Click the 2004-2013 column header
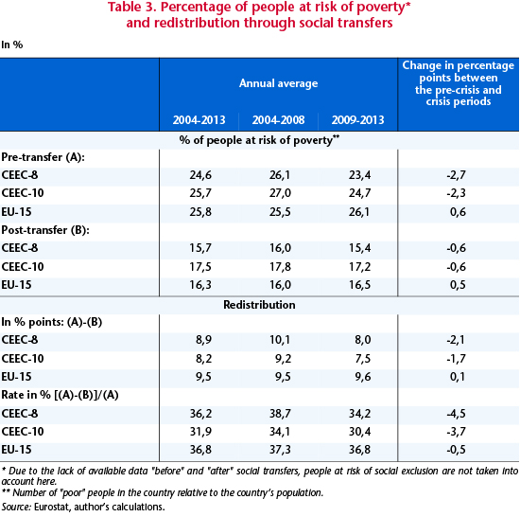199,120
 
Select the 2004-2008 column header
278,120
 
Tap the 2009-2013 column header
357,120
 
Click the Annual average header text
278,83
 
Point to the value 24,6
200,175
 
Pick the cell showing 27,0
280,193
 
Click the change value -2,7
457,175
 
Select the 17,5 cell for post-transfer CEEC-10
200,267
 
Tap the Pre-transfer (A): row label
43,157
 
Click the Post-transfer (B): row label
45,230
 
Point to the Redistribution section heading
259,305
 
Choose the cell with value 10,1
280,340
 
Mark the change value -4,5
457,414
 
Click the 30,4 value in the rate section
359,432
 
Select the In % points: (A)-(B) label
52,322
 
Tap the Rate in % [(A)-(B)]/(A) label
60,395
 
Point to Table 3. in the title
132,8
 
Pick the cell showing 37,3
280,450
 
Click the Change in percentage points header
459,83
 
